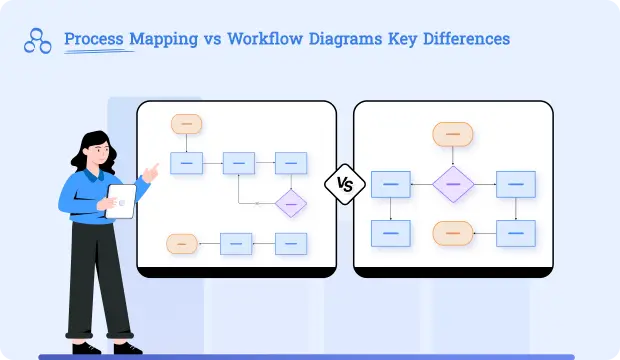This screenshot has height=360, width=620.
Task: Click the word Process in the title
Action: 93,39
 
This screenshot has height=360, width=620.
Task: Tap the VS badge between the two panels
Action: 345,184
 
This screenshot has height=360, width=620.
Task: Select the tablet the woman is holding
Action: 120,201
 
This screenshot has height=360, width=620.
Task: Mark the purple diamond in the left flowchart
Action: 291,202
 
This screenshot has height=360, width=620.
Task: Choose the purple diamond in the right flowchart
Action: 453,184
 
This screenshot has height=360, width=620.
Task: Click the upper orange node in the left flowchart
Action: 186,124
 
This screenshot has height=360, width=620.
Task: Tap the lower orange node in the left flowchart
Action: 182,243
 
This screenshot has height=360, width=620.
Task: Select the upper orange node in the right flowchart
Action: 453,133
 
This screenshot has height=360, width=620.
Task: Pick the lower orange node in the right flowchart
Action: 453,233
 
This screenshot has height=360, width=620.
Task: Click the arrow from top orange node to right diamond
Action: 453,155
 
